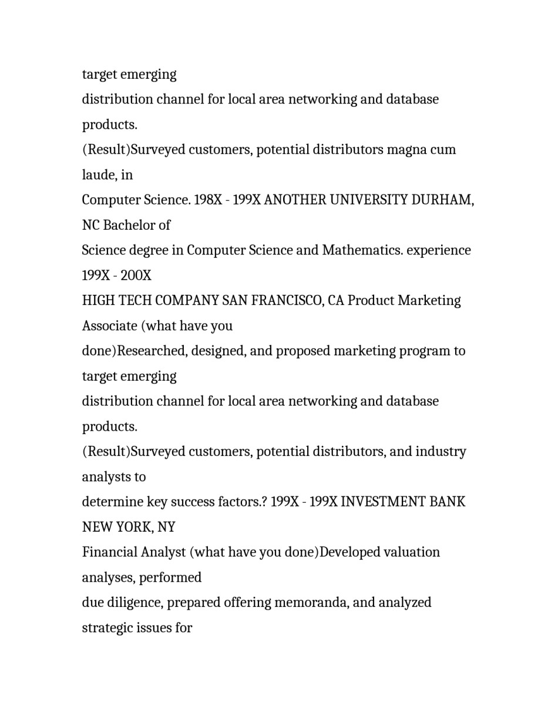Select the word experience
pyautogui.click(x=439, y=250)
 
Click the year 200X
pyautogui.click(x=136, y=276)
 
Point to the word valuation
pyautogui.click(x=411, y=553)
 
